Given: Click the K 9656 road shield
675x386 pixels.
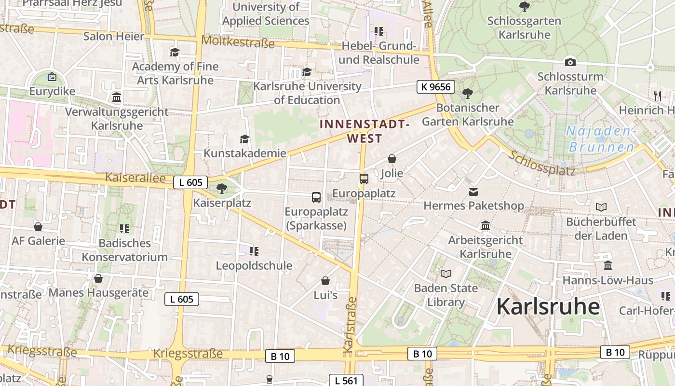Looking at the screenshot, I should [x=436, y=87].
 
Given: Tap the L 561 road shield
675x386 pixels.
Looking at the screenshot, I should [x=346, y=380].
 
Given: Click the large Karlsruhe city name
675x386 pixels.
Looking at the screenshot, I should [x=548, y=306].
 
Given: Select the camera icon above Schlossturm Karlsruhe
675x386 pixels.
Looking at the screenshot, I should [x=570, y=62].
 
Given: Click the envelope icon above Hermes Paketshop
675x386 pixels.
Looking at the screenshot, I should [x=473, y=192].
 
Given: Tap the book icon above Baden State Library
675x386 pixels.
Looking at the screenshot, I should [x=446, y=274].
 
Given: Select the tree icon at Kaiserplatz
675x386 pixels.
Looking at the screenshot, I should [x=222, y=188].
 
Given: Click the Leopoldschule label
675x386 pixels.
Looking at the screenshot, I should [x=254, y=265].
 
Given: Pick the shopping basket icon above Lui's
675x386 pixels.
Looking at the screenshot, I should [x=325, y=281].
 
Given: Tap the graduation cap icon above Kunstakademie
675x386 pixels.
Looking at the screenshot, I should [x=244, y=139].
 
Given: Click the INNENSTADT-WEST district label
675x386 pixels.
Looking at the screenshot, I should [x=364, y=131].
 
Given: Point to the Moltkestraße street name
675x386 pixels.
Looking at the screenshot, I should [x=238, y=41].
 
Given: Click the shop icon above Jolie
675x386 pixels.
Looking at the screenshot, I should [x=392, y=159].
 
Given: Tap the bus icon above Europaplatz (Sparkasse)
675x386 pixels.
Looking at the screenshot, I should [x=316, y=197].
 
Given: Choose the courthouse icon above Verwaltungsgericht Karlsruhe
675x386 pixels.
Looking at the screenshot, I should [x=117, y=97].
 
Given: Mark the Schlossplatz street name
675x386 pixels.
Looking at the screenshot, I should [x=542, y=163].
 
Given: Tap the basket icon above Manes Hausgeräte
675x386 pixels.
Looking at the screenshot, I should [x=98, y=278].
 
